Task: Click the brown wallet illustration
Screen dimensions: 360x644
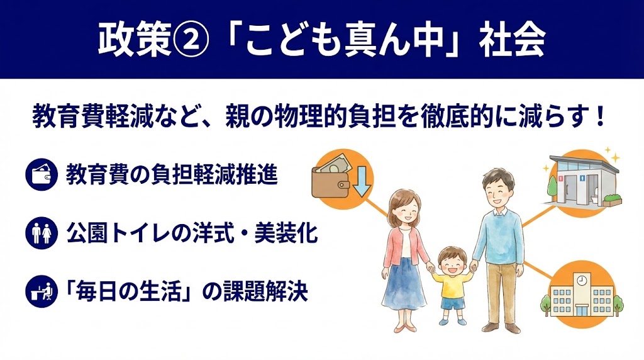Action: [x=331, y=179]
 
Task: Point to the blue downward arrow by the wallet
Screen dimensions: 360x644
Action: [x=362, y=179]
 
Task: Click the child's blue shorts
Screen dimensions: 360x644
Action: [x=451, y=304]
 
